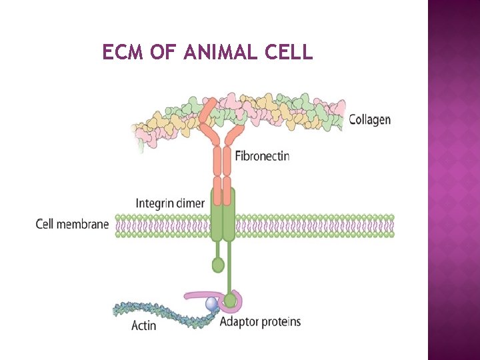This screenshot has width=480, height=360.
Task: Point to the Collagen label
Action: (370, 120)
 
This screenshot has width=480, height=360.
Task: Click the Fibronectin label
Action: (263, 157)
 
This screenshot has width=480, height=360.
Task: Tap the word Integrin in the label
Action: (157, 203)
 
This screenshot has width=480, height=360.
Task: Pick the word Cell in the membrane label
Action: (45, 224)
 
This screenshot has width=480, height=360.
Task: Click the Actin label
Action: (144, 325)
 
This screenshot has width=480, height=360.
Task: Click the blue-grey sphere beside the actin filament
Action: (212, 303)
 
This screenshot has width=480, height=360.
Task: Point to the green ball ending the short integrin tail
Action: (218, 265)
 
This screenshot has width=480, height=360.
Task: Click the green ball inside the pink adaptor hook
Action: (230, 301)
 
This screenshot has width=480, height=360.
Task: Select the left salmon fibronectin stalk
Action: (217, 163)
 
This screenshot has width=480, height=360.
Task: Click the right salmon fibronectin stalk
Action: (227, 163)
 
